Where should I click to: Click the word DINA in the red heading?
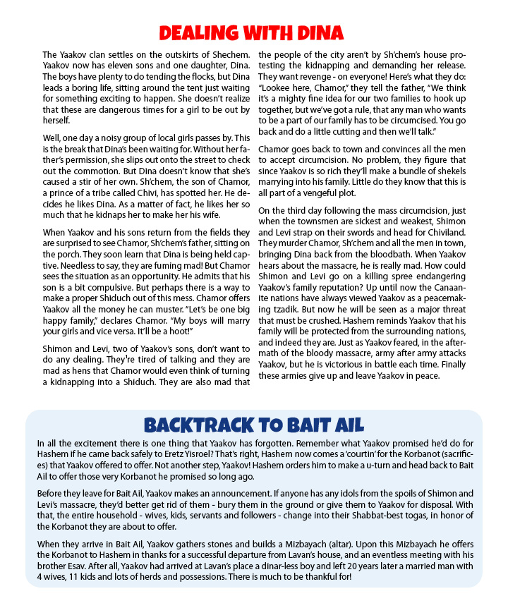[x=316, y=32]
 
